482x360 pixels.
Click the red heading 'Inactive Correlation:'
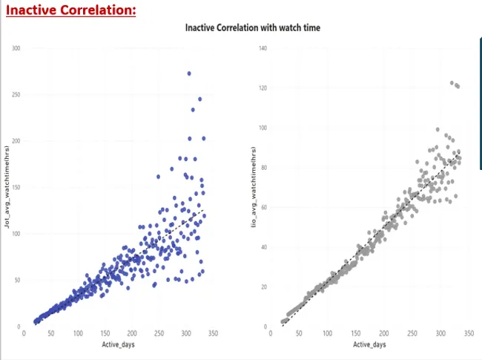71,10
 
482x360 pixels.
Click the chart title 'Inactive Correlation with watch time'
252,27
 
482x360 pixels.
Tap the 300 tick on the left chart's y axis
16,48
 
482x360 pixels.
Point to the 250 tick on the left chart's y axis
16,94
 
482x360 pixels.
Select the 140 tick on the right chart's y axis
262,48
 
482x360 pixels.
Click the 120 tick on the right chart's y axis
262,88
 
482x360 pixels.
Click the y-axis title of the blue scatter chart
7,186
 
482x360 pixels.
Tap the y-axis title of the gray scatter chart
253,186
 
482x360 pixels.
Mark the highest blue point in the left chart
189,73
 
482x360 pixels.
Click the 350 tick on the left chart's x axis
212,334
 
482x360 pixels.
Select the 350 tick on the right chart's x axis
469,334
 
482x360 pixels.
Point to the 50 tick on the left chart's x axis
51,334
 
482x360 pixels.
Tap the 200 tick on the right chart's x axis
384,334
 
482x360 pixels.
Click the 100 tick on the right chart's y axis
262,128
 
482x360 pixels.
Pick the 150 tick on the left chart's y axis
16,187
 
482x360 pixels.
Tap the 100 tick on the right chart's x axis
328,334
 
